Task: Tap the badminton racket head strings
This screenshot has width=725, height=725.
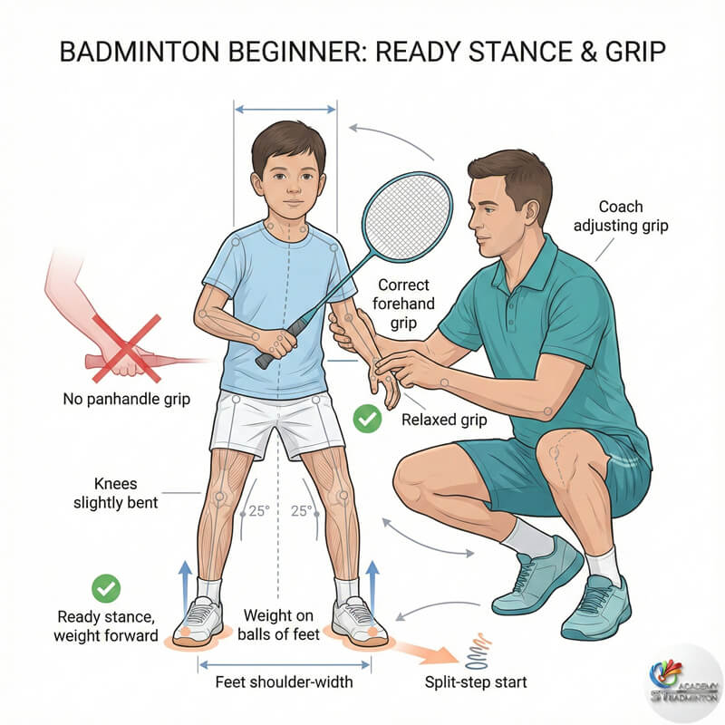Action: pos(407,217)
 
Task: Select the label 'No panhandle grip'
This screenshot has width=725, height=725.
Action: pos(126,398)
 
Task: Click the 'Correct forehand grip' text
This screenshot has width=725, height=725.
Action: pos(404,304)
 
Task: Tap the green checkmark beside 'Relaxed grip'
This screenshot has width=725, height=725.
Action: pos(367,419)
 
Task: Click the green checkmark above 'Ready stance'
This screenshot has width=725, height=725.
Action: pos(107,588)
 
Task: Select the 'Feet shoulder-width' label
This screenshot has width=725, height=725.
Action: pos(285,681)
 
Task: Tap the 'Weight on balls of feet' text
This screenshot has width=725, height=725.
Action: pos(280,625)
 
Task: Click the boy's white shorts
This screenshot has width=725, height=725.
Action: pos(276,425)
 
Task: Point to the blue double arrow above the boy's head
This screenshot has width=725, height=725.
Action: pos(285,110)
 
